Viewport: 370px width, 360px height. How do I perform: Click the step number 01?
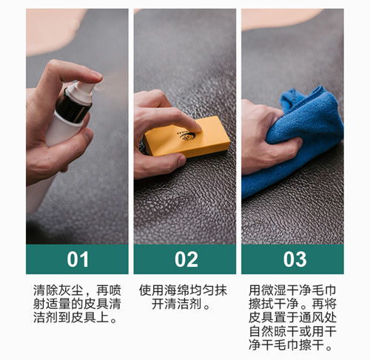click(x=78, y=259)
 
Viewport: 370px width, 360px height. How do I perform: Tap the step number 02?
click(x=186, y=259)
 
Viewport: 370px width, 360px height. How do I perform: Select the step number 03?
click(x=295, y=259)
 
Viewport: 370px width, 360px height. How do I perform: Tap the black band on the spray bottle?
click(x=73, y=106)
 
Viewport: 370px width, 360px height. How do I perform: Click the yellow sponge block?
click(x=187, y=137)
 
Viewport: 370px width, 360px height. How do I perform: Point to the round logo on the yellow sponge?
click(x=187, y=136)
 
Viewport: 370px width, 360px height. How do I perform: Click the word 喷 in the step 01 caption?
click(x=115, y=291)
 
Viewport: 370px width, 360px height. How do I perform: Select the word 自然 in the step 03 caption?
click(x=261, y=332)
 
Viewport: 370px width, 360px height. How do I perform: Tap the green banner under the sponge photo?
click(x=185, y=259)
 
